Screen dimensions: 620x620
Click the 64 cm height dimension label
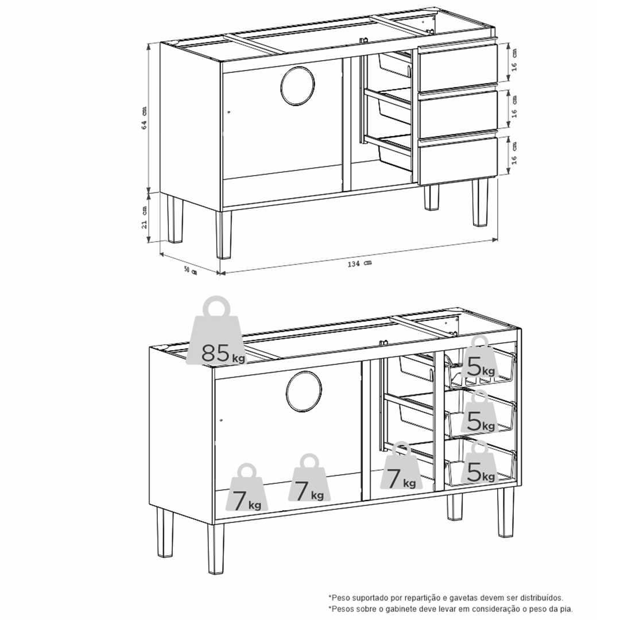point(144,118)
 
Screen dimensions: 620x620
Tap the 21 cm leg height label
point(144,217)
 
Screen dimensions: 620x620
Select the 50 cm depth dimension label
point(190,270)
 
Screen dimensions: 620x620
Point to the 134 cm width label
point(359,263)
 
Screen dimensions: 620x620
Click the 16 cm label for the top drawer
point(514,59)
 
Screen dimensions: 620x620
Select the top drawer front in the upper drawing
point(458,68)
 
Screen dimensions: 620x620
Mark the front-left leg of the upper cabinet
point(223,235)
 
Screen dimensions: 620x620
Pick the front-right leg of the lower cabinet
point(505,511)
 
